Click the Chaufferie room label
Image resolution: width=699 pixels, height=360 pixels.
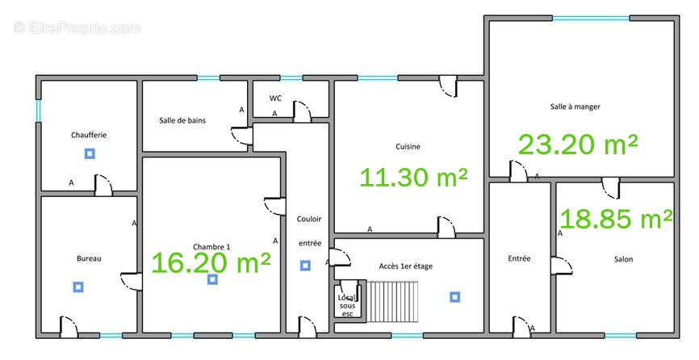pos(89,135)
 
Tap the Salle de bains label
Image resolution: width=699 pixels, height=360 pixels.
pos(182,120)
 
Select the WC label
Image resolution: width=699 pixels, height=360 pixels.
pos(275,98)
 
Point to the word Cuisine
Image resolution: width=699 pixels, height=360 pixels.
pos(408,146)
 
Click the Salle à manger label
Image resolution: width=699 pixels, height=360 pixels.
pos(575,107)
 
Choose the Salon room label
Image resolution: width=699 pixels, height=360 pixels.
pos(623,259)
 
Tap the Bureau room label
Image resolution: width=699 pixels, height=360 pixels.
pos(89,258)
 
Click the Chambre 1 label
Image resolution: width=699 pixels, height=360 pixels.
pos(211,247)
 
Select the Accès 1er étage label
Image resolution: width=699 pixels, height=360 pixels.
pos(406,266)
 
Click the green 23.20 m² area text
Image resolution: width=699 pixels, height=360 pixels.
pos(578,144)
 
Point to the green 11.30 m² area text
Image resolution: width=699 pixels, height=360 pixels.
pos(414,177)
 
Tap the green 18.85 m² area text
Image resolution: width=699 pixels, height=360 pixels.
pos(616,218)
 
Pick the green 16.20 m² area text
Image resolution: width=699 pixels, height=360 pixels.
pos(211,262)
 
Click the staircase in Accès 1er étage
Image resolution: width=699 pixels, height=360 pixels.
pos(392,301)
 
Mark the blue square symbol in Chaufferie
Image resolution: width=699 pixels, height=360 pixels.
pos(90,153)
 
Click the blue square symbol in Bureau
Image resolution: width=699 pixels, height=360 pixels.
pos(78,287)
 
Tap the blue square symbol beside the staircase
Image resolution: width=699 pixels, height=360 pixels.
pos(454,297)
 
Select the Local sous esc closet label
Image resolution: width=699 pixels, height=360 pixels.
pos(347,306)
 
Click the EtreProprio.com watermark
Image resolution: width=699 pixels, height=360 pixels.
pos(77,27)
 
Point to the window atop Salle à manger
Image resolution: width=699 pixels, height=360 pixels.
pos(591,19)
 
